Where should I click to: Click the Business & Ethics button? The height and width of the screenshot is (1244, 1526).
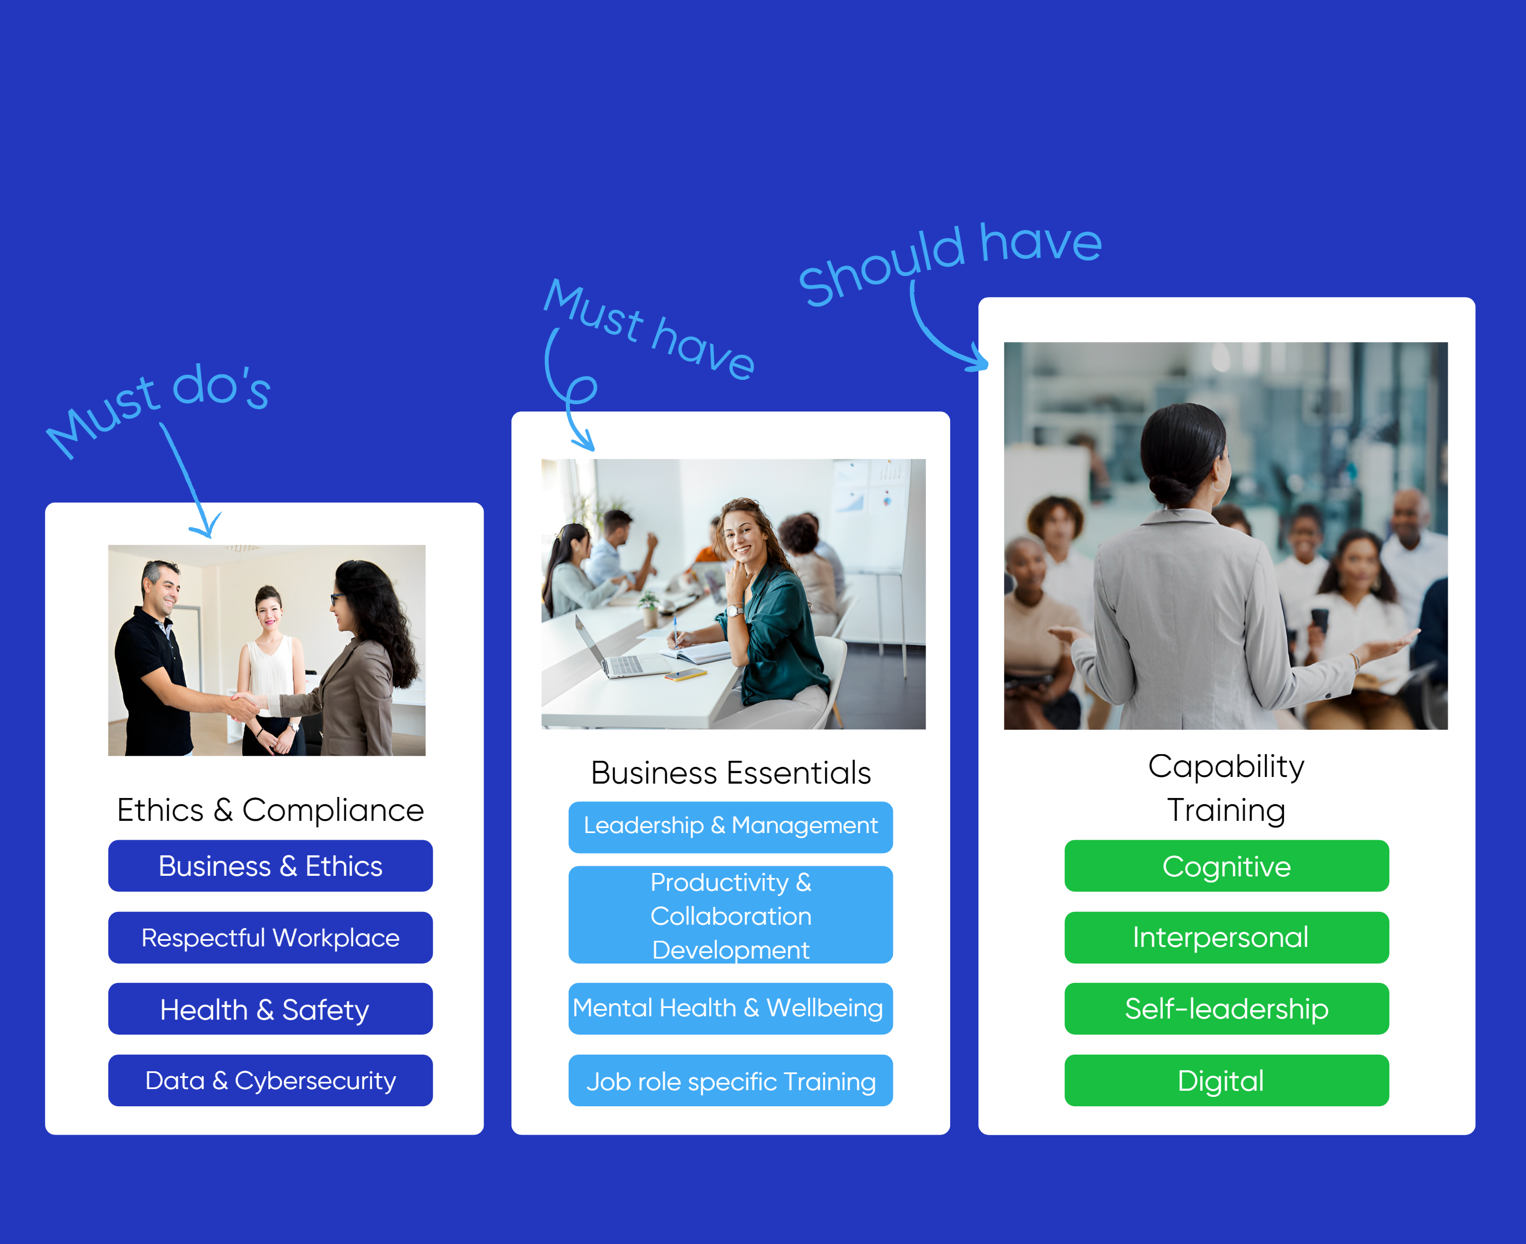tap(270, 866)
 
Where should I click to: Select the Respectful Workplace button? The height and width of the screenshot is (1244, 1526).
tap(270, 937)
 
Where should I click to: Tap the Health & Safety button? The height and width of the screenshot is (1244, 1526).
tap(270, 1009)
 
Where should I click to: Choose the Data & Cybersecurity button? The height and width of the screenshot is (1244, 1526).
tap(270, 1081)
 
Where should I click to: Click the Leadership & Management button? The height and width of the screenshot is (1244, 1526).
tap(731, 827)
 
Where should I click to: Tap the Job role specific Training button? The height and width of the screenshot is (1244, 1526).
tap(731, 1081)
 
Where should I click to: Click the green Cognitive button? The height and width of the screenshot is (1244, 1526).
tap(1227, 866)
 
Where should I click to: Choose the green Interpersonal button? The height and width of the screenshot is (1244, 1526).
tap(1227, 937)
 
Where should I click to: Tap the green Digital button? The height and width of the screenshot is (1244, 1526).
tap(1227, 1081)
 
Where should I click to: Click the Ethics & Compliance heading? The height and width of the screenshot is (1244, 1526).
tap(270, 810)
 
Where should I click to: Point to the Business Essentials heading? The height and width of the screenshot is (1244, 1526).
tap(731, 773)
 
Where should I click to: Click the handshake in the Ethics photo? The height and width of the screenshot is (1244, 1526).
tap(244, 704)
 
